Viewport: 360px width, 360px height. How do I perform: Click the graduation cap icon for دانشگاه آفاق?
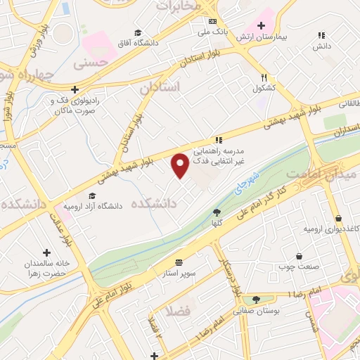137,33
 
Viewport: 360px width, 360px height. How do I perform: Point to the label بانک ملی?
211,32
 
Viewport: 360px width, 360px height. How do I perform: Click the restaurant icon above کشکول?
264,78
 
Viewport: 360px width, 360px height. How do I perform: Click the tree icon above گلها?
217,212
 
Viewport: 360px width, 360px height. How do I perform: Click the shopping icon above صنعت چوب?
300,256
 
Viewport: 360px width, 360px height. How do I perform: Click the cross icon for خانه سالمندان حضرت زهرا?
47,252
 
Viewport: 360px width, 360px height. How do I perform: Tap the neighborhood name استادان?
160,88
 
